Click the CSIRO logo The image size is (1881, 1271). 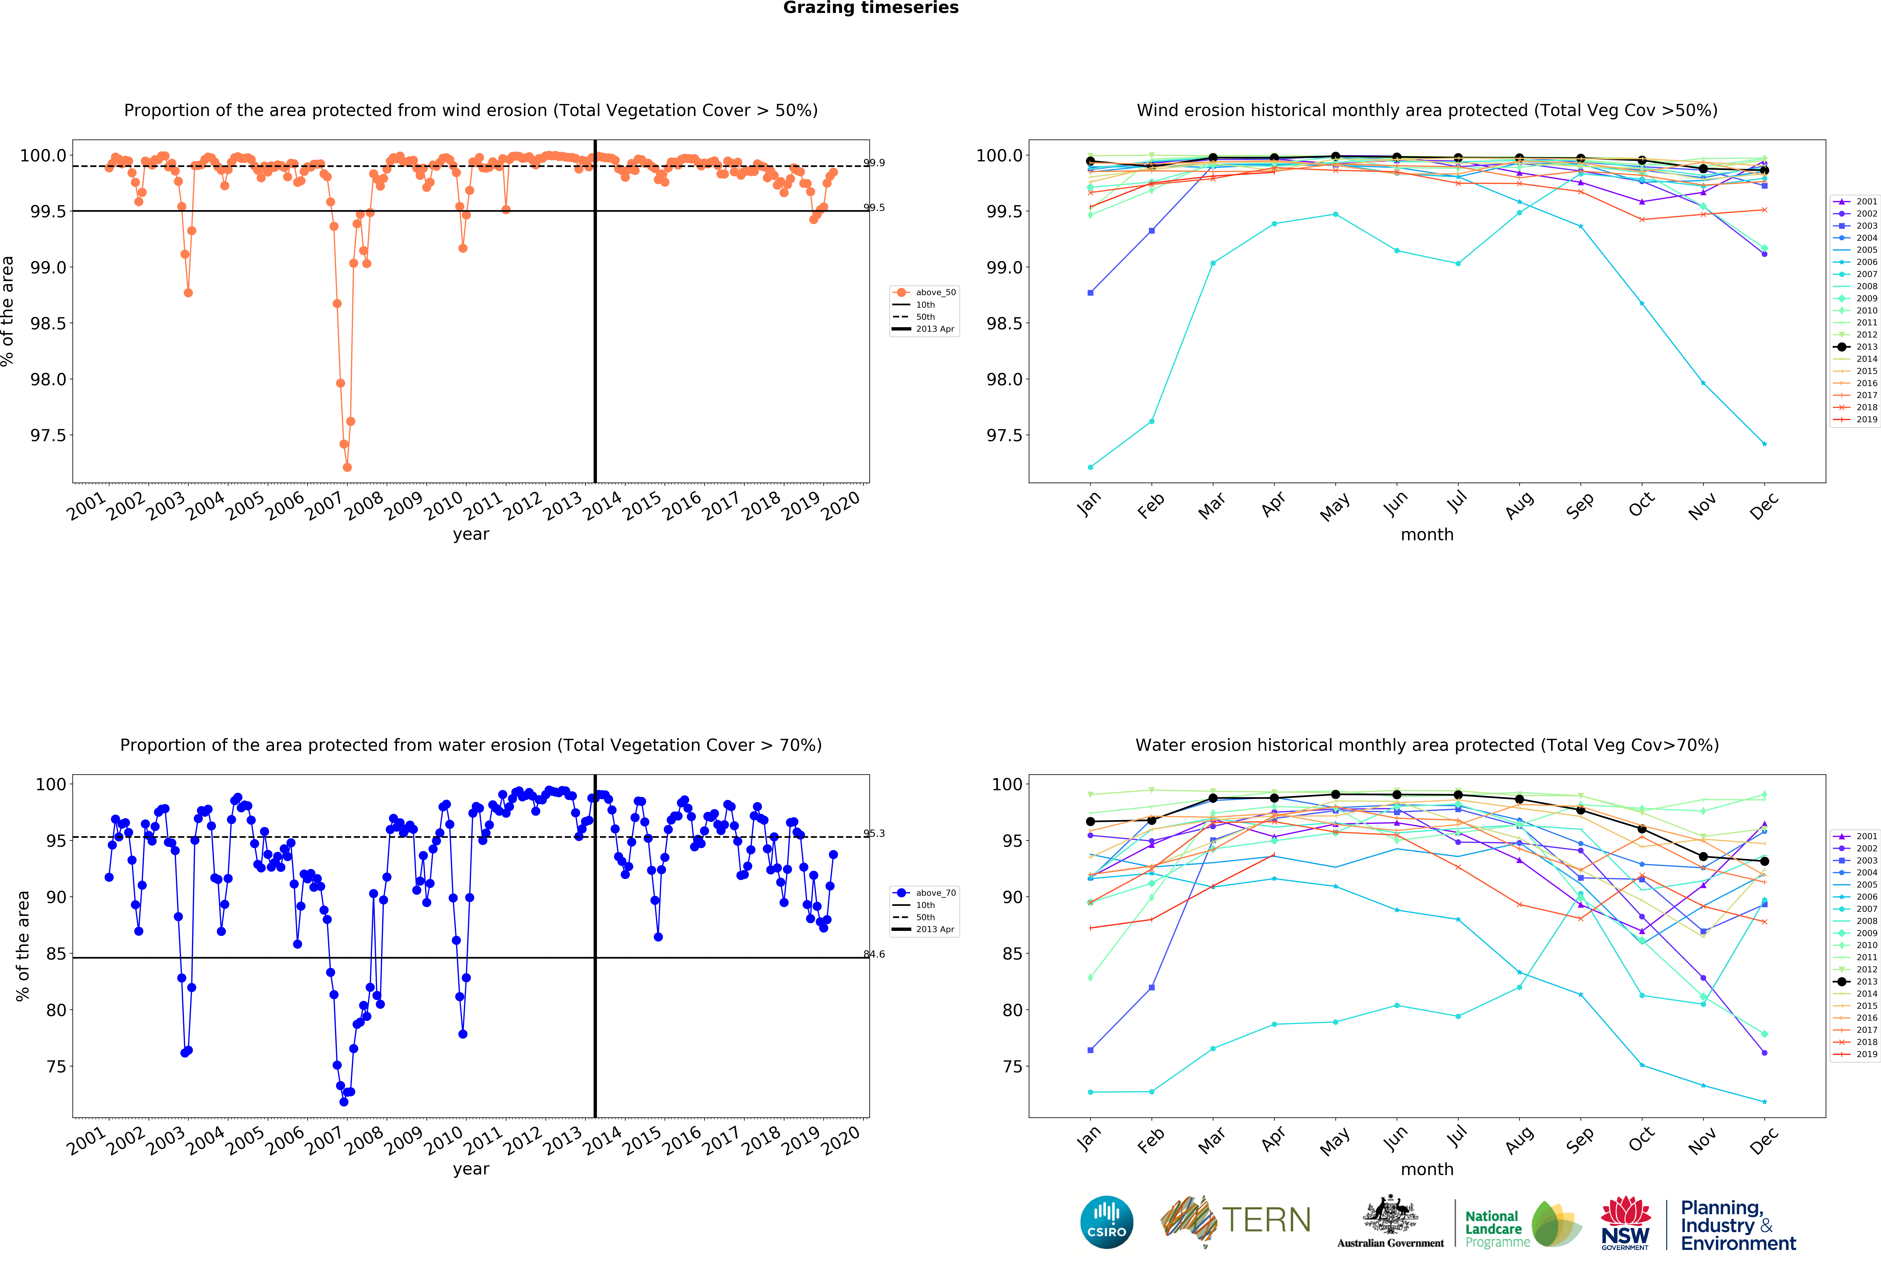[x=1106, y=1222]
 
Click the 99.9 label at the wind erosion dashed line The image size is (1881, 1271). [x=874, y=163]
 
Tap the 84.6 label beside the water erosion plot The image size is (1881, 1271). [x=874, y=954]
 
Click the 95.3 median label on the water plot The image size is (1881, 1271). [x=874, y=833]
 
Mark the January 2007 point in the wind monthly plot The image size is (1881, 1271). [x=1090, y=467]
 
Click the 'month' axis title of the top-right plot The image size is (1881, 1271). [x=1427, y=534]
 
